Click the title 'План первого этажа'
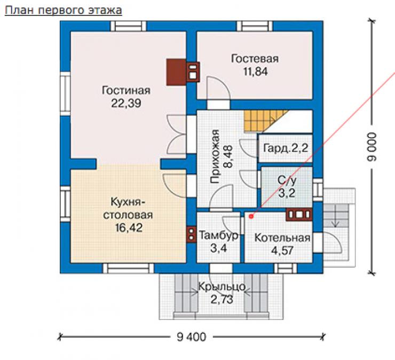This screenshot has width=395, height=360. click(64, 10)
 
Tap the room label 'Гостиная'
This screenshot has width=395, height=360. click(126, 91)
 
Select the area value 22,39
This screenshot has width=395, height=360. click(126, 103)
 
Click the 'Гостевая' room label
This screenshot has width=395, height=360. click(255, 59)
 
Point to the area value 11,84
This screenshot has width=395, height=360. click(256, 71)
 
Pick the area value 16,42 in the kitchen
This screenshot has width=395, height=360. click(129, 228)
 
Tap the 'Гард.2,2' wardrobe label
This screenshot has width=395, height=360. click(286, 148)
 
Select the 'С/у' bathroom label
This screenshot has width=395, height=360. click(287, 180)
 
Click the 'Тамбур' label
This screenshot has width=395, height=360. click(219, 235)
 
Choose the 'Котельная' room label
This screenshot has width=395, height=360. click(282, 238)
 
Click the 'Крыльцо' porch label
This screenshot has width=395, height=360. click(222, 287)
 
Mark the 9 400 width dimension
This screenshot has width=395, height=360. click(192, 337)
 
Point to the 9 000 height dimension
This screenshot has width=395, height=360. click(372, 147)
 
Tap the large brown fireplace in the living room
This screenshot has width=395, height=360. click(176, 72)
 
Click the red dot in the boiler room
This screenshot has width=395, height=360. click(251, 216)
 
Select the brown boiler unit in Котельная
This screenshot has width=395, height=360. click(299, 214)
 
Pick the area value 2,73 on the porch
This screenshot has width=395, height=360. click(222, 300)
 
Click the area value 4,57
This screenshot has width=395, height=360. click(282, 251)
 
